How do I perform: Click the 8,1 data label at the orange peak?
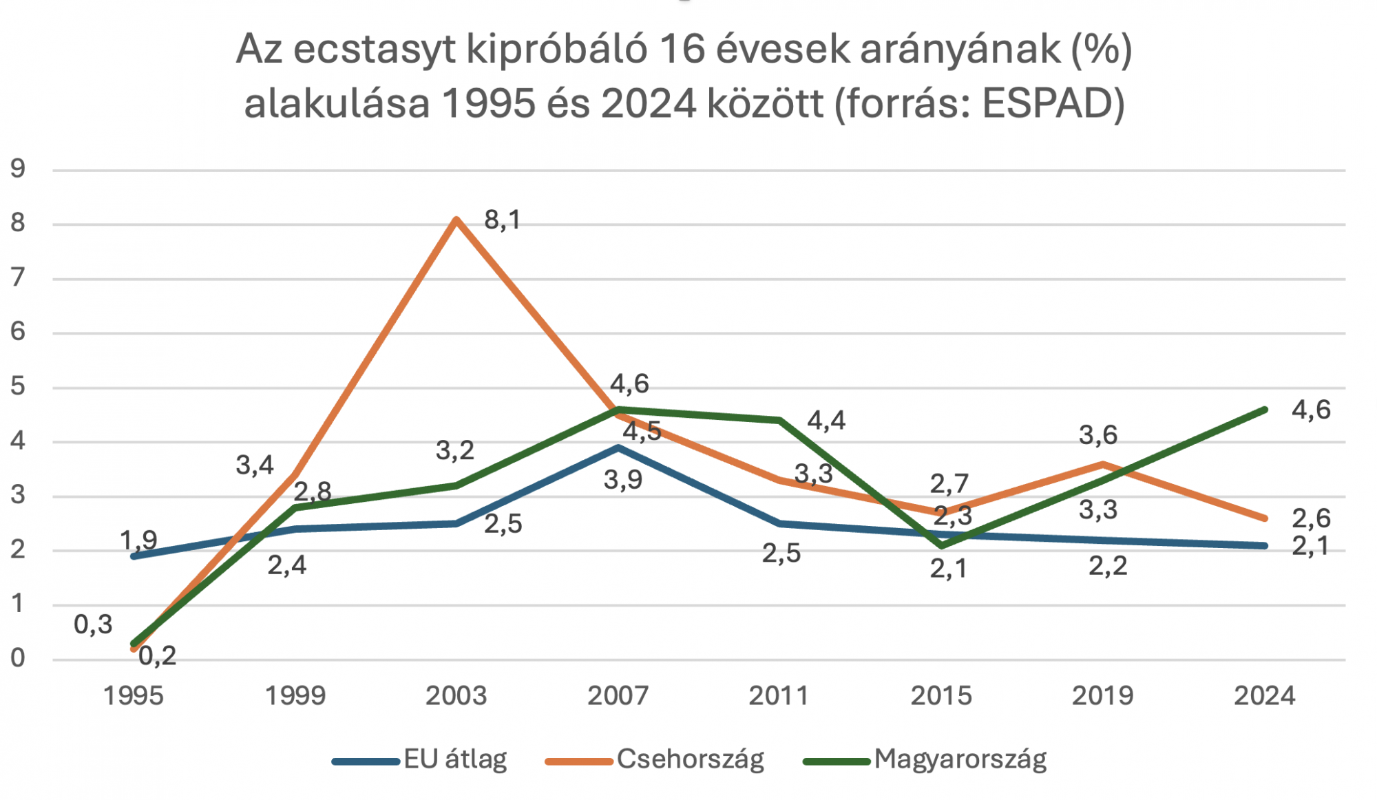pyautogui.click(x=503, y=220)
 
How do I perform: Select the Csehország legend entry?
pyautogui.click(x=690, y=759)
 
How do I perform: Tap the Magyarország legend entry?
pyautogui.click(x=960, y=759)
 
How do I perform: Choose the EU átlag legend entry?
pyautogui.click(x=455, y=759)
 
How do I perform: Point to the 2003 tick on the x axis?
pyautogui.click(x=456, y=696)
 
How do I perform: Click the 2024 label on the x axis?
pyautogui.click(x=1264, y=696)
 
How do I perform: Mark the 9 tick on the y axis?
pyautogui.click(x=18, y=169)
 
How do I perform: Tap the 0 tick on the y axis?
pyautogui.click(x=18, y=659)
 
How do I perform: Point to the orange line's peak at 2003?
pyautogui.click(x=456, y=220)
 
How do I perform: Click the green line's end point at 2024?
pyautogui.click(x=1265, y=410)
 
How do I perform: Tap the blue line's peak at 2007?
pyautogui.click(x=619, y=448)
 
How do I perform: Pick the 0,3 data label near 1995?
pyautogui.click(x=93, y=625)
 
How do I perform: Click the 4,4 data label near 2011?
pyautogui.click(x=826, y=421)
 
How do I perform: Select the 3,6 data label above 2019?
pyautogui.click(x=1098, y=435)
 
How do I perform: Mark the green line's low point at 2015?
pyautogui.click(x=942, y=546)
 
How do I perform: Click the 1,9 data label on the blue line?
pyautogui.click(x=139, y=540)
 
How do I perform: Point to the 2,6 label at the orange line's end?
pyautogui.click(x=1311, y=518)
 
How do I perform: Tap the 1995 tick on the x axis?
pyautogui.click(x=133, y=696)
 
